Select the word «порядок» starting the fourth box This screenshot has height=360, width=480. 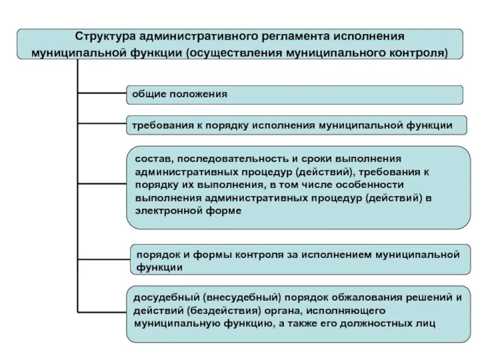coord(154,254)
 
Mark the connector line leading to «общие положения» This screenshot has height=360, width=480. coord(101,94)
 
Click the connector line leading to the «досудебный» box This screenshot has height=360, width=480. coord(101,313)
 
